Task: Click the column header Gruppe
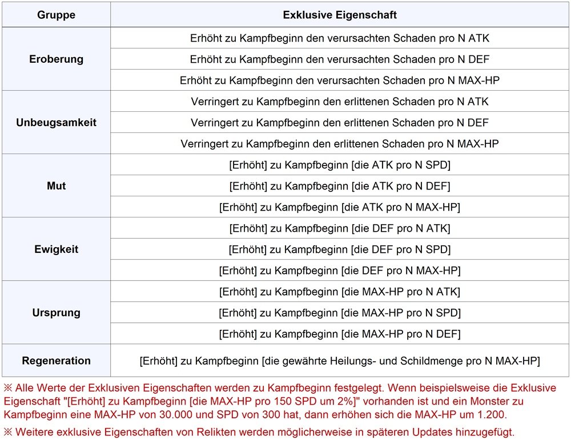point(56,15)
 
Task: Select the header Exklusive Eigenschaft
point(340,15)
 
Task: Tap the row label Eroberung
point(56,59)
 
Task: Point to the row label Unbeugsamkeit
point(56,123)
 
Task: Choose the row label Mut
point(56,186)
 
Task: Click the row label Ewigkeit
point(56,249)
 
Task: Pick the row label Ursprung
point(56,313)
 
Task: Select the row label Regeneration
point(56,361)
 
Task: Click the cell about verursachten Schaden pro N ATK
point(340,38)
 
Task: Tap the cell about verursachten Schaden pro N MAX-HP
point(340,80)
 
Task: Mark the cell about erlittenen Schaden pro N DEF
point(340,123)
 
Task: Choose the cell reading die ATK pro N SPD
point(340,165)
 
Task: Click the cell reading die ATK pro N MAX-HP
point(340,207)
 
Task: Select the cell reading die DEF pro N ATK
point(340,228)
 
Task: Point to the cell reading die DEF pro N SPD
point(340,249)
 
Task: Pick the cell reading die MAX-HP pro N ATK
point(340,292)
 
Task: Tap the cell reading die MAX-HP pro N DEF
point(340,334)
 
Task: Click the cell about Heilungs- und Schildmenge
point(340,361)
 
